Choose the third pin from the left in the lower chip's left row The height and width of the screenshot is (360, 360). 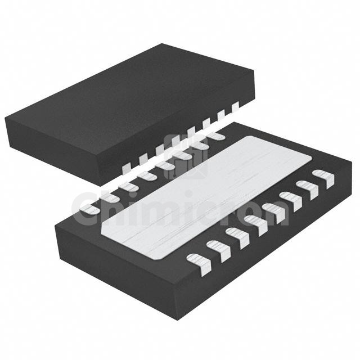129,186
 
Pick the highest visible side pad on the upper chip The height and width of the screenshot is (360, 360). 235,104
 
